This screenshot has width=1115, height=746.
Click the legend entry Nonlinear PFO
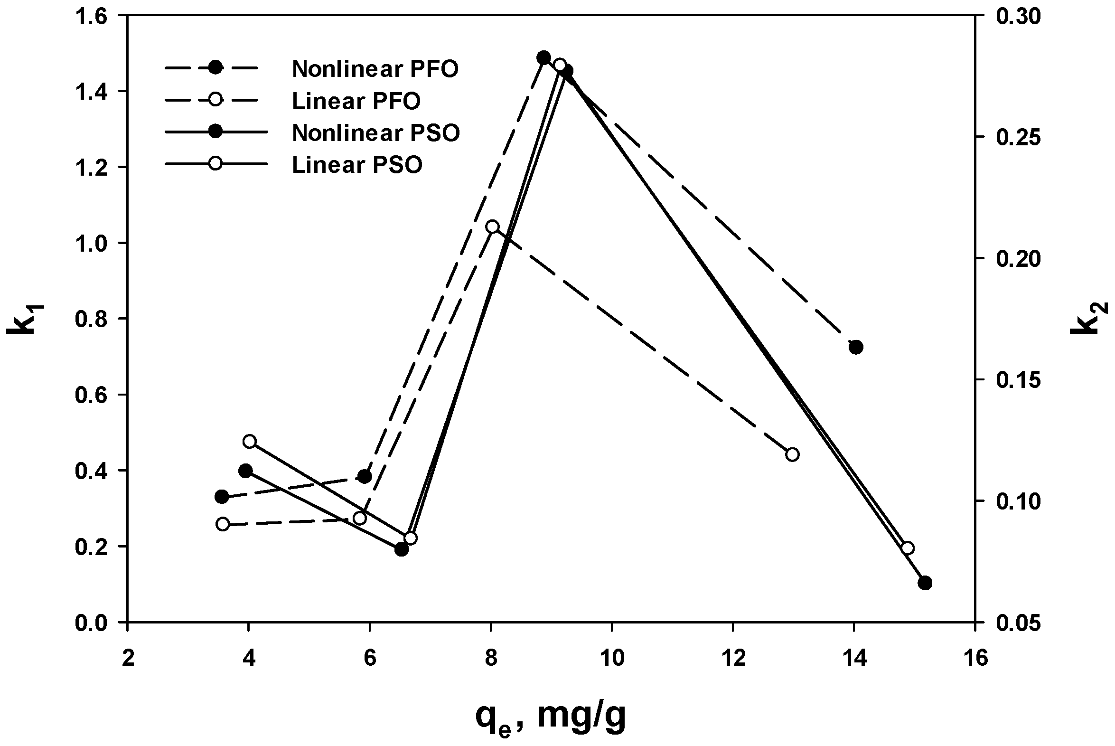375,69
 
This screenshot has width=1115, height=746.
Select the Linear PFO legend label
356,101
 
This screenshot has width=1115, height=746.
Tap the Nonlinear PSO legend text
375,133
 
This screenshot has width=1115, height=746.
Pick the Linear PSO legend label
356,165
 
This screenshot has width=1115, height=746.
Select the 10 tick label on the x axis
611,659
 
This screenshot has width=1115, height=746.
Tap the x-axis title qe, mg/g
550,716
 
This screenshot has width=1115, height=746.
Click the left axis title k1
20,319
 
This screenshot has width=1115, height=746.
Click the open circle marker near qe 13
792,454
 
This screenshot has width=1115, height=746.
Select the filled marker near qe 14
856,347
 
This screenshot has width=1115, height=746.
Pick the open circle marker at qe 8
493,227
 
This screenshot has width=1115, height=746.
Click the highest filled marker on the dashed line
543,57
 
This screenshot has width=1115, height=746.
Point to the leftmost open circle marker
223,524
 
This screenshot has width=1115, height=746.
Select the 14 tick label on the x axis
854,659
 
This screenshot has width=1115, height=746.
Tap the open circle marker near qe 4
250,442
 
